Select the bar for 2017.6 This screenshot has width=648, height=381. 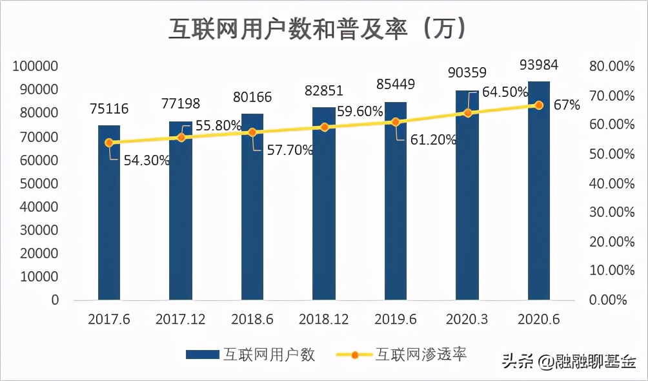109,213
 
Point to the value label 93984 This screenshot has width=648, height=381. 539,65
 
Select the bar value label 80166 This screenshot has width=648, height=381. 252,98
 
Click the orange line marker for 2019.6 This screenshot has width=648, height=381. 396,122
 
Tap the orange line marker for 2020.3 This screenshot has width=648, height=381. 467,113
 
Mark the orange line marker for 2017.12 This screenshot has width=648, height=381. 181,137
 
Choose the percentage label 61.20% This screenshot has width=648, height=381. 434,139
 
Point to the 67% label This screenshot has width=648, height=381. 567,105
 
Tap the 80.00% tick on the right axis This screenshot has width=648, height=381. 609,66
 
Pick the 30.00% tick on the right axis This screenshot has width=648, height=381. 609,212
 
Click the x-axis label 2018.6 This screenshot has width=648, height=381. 252,320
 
